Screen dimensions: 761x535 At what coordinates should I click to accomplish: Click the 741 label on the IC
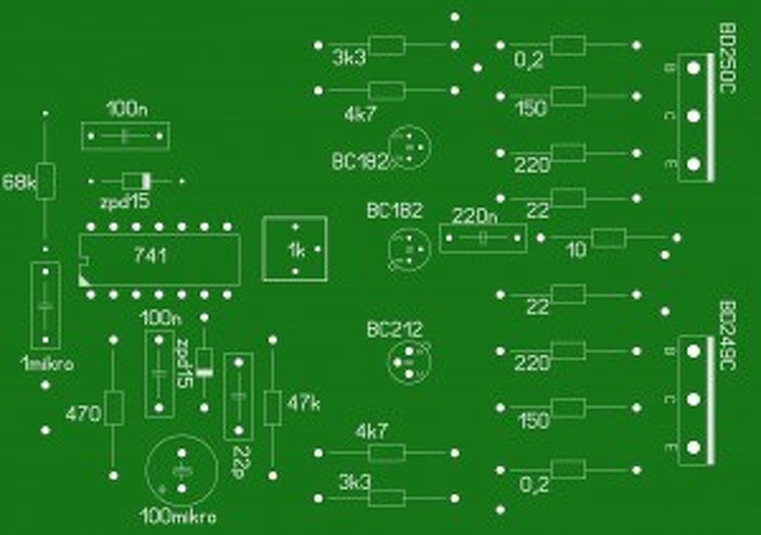point(150,256)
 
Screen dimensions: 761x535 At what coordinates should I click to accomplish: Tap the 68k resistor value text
point(19,182)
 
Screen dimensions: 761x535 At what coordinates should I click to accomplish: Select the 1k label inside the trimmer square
point(296,251)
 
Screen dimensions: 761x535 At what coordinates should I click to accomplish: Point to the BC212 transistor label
point(395,329)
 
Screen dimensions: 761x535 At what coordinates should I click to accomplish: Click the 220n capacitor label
point(474,216)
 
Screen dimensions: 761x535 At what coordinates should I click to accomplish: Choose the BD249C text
point(728,335)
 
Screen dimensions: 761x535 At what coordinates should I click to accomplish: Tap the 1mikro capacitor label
point(48,364)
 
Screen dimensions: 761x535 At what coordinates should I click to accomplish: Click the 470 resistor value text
point(83,414)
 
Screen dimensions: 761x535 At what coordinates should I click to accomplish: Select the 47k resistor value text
point(303,404)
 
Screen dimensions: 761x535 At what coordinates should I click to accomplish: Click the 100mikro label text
point(178,517)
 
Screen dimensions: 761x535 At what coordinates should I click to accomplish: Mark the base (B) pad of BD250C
point(693,68)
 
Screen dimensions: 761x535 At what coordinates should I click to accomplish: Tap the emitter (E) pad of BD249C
point(693,448)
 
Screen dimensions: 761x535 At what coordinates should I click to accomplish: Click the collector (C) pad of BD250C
point(693,115)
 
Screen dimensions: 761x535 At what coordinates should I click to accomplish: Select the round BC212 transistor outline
point(409,361)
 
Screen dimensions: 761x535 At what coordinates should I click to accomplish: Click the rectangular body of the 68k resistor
point(46,181)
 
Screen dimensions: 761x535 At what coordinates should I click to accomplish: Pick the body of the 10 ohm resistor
point(609,238)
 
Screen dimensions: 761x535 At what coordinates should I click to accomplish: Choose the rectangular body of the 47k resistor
point(272,408)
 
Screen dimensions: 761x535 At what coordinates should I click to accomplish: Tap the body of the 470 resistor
point(114,408)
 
